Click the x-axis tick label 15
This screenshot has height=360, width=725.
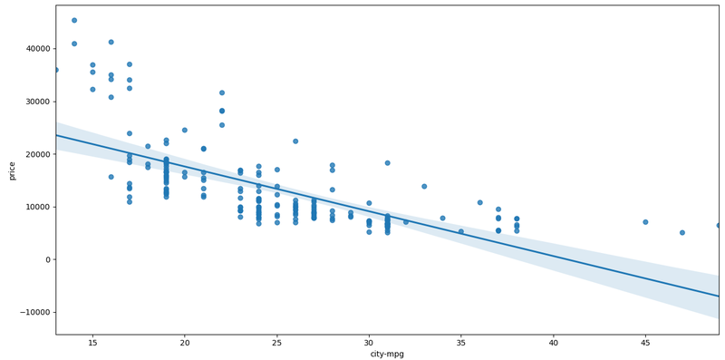(x=92, y=342)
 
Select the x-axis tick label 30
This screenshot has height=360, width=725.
(x=369, y=342)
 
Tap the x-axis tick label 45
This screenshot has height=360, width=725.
(x=645, y=342)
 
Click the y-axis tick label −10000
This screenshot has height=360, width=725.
(x=33, y=313)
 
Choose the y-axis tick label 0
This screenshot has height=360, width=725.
(x=47, y=260)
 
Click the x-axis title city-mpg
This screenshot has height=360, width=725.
(x=387, y=354)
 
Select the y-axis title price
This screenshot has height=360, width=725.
(x=11, y=170)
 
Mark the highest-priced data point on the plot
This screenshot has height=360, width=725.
(x=74, y=20)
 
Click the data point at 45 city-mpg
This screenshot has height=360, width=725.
(x=645, y=222)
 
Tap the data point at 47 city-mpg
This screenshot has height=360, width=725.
(x=682, y=232)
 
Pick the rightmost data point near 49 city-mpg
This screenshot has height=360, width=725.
(x=719, y=225)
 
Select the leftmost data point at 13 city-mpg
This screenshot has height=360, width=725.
(x=56, y=70)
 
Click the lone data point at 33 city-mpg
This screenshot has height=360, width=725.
(x=424, y=186)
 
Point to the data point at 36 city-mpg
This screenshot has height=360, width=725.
(x=479, y=202)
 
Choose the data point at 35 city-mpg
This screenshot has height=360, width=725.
(x=461, y=231)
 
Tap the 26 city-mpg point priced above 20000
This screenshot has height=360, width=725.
(x=295, y=141)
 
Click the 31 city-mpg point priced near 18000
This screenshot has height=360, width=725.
(x=388, y=163)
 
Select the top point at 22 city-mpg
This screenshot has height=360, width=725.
(x=222, y=92)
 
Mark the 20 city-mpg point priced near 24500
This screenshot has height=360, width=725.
(x=185, y=130)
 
